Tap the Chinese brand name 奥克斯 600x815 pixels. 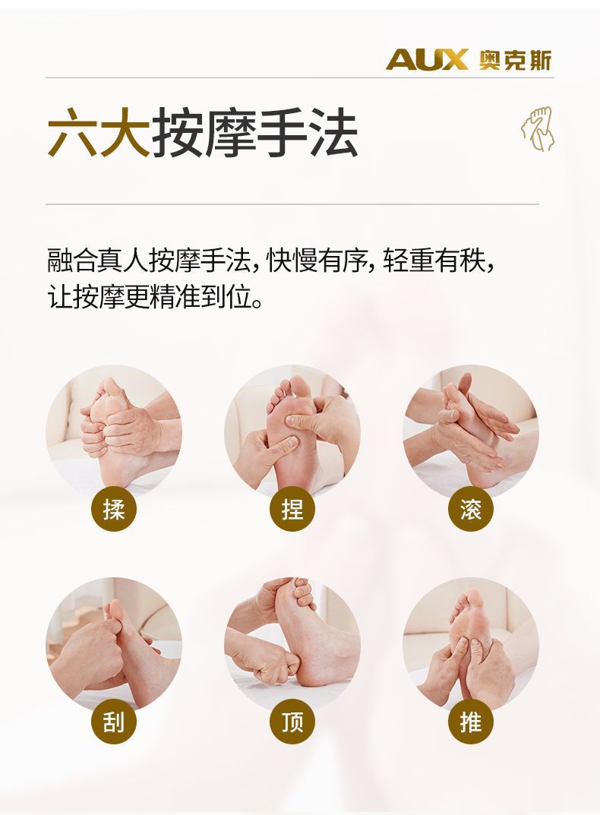[515, 60]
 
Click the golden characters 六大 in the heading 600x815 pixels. [99, 132]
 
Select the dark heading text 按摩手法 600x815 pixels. [254, 132]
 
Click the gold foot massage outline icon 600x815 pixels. [538, 129]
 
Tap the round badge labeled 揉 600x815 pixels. [114, 508]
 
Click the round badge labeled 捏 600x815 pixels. [292, 508]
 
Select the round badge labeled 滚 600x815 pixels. [471, 508]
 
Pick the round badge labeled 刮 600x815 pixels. [114, 722]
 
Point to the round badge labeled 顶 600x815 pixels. [292, 722]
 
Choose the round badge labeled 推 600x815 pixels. [471, 722]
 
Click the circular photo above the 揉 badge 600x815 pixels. [114, 432]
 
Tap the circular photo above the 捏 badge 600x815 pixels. [292, 432]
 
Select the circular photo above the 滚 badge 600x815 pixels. [471, 432]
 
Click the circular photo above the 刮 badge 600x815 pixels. [114, 645]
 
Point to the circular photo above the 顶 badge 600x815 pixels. [292, 645]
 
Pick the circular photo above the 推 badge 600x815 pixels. [471, 645]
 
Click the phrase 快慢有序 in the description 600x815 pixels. [317, 260]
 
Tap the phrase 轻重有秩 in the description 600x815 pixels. [434, 260]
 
